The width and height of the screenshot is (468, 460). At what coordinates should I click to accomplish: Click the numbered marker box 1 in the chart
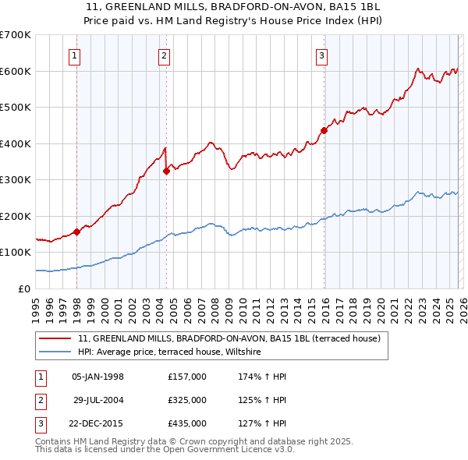74,55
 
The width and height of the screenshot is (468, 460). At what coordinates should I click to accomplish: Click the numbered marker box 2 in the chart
164,55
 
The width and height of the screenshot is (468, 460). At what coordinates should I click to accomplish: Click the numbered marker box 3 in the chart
321,55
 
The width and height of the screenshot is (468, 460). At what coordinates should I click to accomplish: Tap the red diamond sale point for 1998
77,232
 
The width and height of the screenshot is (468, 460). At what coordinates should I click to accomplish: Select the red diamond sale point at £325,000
167,171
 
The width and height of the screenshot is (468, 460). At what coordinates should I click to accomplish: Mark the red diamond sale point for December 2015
324,131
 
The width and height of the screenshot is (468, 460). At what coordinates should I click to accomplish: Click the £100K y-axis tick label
16,253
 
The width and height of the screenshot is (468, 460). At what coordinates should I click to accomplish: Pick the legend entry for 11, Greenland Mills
229,338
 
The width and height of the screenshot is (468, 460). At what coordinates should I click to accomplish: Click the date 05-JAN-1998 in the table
97,377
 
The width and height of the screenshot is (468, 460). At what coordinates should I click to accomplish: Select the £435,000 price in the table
187,423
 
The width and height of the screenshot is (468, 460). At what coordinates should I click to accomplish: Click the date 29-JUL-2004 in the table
97,400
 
